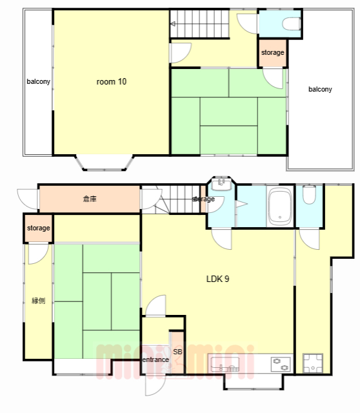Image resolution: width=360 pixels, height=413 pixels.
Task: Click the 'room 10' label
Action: [x=112, y=82]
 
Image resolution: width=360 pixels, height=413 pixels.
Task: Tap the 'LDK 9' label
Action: [x=217, y=279]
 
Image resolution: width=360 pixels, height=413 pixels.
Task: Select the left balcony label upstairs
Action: [x=39, y=82]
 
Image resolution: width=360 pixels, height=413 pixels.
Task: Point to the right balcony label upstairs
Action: [x=320, y=89]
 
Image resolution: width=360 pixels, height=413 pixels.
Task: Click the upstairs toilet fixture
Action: [x=292, y=24]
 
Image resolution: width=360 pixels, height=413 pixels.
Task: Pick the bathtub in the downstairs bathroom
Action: [x=280, y=206]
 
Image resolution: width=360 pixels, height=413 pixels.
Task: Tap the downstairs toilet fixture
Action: [x=309, y=195]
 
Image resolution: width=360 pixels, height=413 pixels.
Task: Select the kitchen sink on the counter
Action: [x=225, y=364]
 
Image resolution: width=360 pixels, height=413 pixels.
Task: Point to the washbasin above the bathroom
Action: [x=221, y=185]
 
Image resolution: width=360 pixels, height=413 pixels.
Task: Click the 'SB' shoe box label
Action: [x=178, y=352]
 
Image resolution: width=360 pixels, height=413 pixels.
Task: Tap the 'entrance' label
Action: [x=155, y=359]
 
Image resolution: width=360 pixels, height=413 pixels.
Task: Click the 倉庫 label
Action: [x=90, y=199]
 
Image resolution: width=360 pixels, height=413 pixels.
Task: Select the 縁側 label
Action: [x=39, y=301]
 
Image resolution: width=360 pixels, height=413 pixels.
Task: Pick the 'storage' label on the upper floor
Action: [x=272, y=53]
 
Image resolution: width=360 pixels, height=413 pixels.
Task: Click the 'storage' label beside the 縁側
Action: [x=39, y=228]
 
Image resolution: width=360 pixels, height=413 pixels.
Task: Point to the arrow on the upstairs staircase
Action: [x=173, y=25]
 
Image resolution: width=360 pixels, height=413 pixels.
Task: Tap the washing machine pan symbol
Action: [x=313, y=363]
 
